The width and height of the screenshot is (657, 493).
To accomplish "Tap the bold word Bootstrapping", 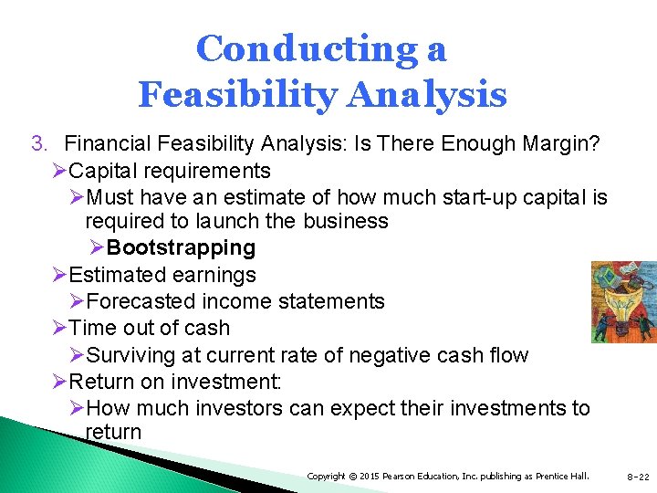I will (181, 247).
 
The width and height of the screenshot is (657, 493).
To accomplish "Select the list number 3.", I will (37, 143).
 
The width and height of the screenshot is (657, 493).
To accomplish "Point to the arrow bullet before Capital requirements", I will (59, 171).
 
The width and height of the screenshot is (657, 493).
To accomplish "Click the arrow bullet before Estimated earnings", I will (59, 275).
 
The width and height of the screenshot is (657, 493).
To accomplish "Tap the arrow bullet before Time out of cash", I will (59, 328).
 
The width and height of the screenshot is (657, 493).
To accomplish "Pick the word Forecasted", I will (141, 301).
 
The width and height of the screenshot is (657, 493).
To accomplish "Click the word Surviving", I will (136, 355).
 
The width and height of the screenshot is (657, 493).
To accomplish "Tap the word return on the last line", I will (113, 432).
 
